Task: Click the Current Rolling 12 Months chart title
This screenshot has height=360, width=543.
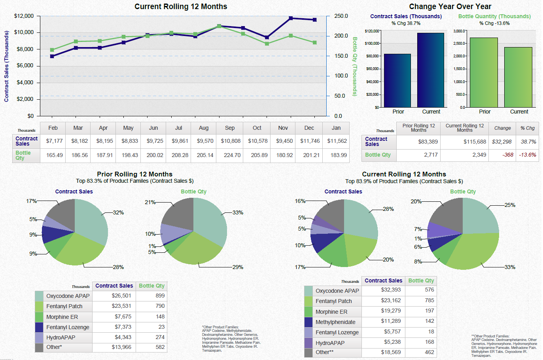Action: [x=181, y=6]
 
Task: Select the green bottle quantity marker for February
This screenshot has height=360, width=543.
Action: [x=52, y=50]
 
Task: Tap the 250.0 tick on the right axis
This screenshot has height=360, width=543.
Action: [x=341, y=16]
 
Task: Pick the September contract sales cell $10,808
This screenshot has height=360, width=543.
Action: [x=231, y=141]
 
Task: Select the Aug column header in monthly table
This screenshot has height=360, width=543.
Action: [x=204, y=128]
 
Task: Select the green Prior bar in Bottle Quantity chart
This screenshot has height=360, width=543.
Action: [x=483, y=73]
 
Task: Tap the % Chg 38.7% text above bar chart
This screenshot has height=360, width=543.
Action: [x=406, y=23]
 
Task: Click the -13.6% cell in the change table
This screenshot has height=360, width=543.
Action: [x=528, y=155]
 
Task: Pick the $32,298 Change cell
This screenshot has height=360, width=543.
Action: [x=501, y=142]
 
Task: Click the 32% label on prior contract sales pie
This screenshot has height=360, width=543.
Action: [x=118, y=212]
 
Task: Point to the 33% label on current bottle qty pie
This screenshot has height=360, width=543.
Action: [x=510, y=267]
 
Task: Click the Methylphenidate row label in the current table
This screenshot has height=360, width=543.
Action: [x=335, y=322]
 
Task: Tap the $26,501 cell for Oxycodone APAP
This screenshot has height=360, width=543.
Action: [x=121, y=296]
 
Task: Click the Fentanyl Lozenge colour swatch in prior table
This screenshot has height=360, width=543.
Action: [x=39, y=327]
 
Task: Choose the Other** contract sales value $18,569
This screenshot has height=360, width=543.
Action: [x=391, y=352]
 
